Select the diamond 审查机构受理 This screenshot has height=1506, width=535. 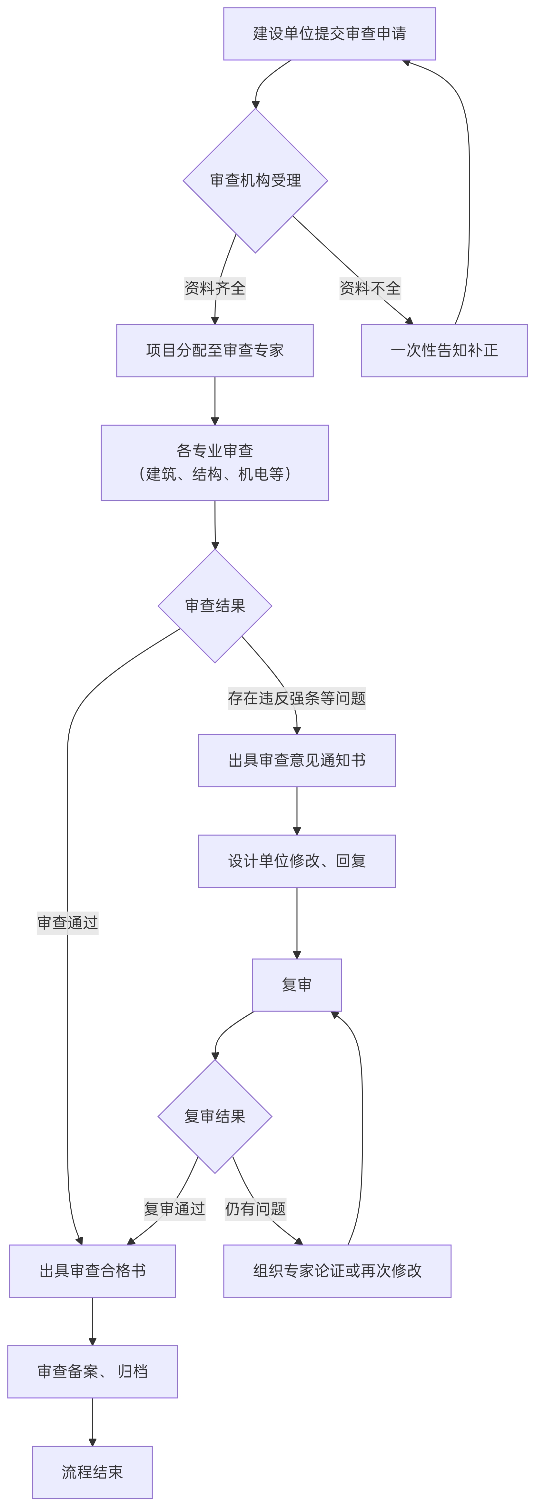pyautogui.click(x=255, y=181)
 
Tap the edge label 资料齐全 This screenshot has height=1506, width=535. pyautogui.click(x=214, y=288)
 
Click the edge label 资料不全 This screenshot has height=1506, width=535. pyautogui.click(x=370, y=288)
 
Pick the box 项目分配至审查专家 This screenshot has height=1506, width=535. pyautogui.click(x=214, y=350)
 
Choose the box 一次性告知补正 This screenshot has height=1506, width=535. pyautogui.click(x=444, y=350)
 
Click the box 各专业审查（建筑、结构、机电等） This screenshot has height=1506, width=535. pyautogui.click(x=214, y=463)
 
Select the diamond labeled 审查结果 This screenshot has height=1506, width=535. pyautogui.click(x=214, y=606)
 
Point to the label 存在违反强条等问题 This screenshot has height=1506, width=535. pyautogui.click(x=296, y=698)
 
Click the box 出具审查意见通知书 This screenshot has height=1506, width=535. pyautogui.click(x=296, y=760)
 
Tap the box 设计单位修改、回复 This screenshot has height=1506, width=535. pyautogui.click(x=296, y=861)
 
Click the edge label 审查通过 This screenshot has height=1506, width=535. pyautogui.click(x=67, y=923)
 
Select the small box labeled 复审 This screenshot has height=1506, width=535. pyautogui.click(x=296, y=984)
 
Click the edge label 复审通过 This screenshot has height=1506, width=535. pyautogui.click(x=174, y=1208)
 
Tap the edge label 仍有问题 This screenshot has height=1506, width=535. pyautogui.click(x=255, y=1208)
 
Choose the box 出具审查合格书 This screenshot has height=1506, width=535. pyautogui.click(x=92, y=1271)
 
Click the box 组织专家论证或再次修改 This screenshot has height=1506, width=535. pyautogui.click(x=337, y=1271)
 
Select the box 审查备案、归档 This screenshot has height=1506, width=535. pyautogui.click(x=92, y=1371)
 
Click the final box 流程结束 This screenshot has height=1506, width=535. pyautogui.click(x=92, y=1471)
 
